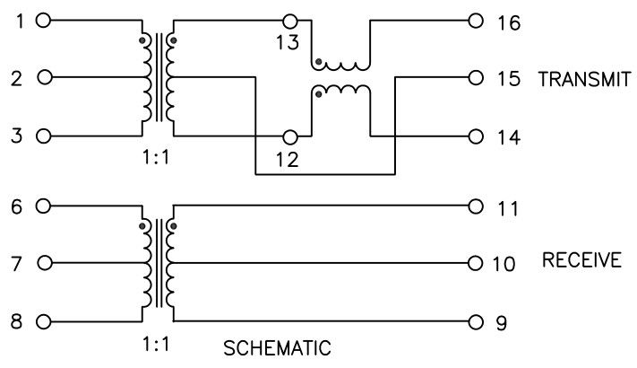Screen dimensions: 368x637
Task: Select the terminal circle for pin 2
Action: (46, 78)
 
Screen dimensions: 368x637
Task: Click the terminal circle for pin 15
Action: (475, 78)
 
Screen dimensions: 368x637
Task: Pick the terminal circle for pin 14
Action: (475, 137)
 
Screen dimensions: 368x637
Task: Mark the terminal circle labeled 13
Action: (288, 20)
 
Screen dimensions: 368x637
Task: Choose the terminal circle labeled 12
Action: (288, 137)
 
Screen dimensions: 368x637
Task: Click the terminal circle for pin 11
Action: (475, 206)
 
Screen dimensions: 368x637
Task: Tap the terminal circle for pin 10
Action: (475, 263)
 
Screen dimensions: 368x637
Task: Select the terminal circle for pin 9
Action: (475, 321)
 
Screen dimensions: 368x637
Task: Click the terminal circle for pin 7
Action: (46, 264)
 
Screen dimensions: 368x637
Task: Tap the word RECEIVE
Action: (581, 261)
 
